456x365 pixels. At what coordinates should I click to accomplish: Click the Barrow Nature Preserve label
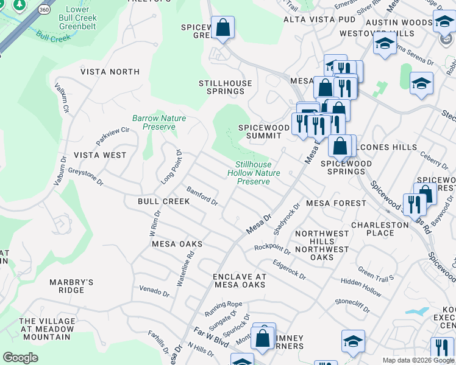pos(159,123)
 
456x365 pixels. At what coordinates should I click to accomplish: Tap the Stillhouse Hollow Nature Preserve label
pos(254,173)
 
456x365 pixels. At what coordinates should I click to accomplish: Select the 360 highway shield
pos(43,10)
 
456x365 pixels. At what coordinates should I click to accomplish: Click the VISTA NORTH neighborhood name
pos(110,72)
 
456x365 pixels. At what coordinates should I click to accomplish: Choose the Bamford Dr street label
pos(202,196)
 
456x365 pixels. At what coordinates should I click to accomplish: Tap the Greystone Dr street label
pos(85,177)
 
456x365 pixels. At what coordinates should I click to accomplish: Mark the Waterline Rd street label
pos(186,265)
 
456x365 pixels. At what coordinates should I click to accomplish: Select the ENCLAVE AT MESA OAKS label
pos(240,280)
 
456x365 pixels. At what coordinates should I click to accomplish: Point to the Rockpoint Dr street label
pos(273,248)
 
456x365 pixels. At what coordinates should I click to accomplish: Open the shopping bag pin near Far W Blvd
pos(263,337)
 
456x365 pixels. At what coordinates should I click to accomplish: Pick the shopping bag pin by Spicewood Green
pos(223,28)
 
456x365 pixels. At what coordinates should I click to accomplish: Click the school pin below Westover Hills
pos(384,44)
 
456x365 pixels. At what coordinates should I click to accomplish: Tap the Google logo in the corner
pos(20,358)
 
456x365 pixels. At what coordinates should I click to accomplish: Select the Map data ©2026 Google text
pos(418,360)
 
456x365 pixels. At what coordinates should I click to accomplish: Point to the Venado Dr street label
pos(154,291)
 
